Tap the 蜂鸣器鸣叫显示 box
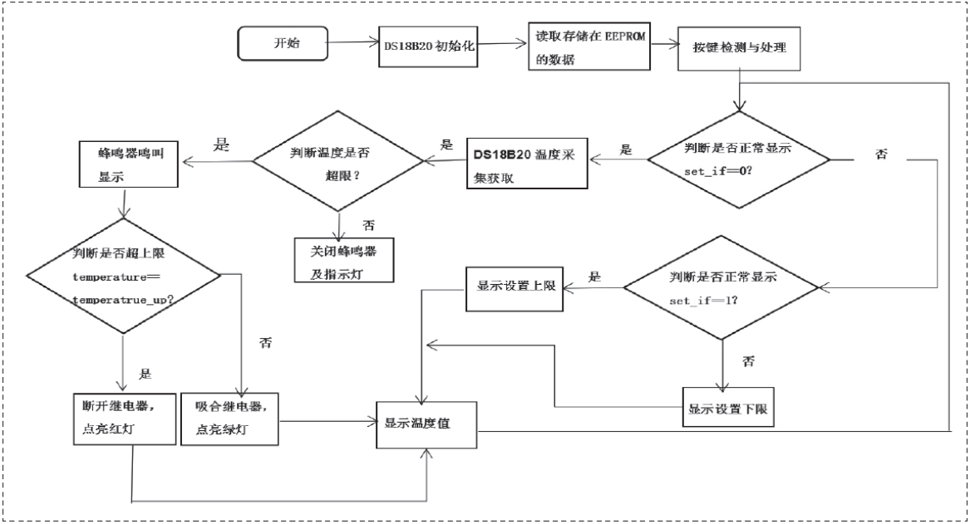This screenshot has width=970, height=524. (x=128, y=164)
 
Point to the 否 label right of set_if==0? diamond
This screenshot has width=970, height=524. (x=882, y=155)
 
